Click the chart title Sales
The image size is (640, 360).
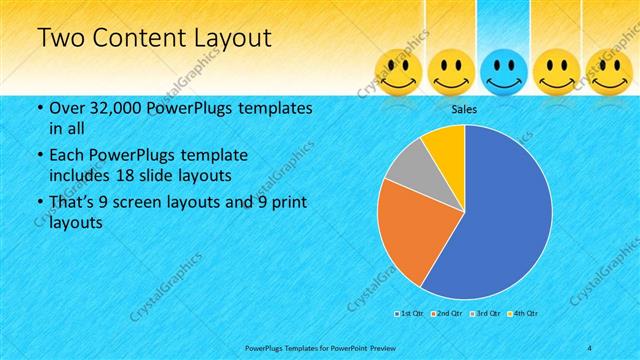(x=464, y=108)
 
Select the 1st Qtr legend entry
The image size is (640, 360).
(x=410, y=314)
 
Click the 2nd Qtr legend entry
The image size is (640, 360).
(x=446, y=314)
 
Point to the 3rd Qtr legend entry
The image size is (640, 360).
(x=483, y=314)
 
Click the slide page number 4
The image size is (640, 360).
(x=590, y=346)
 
